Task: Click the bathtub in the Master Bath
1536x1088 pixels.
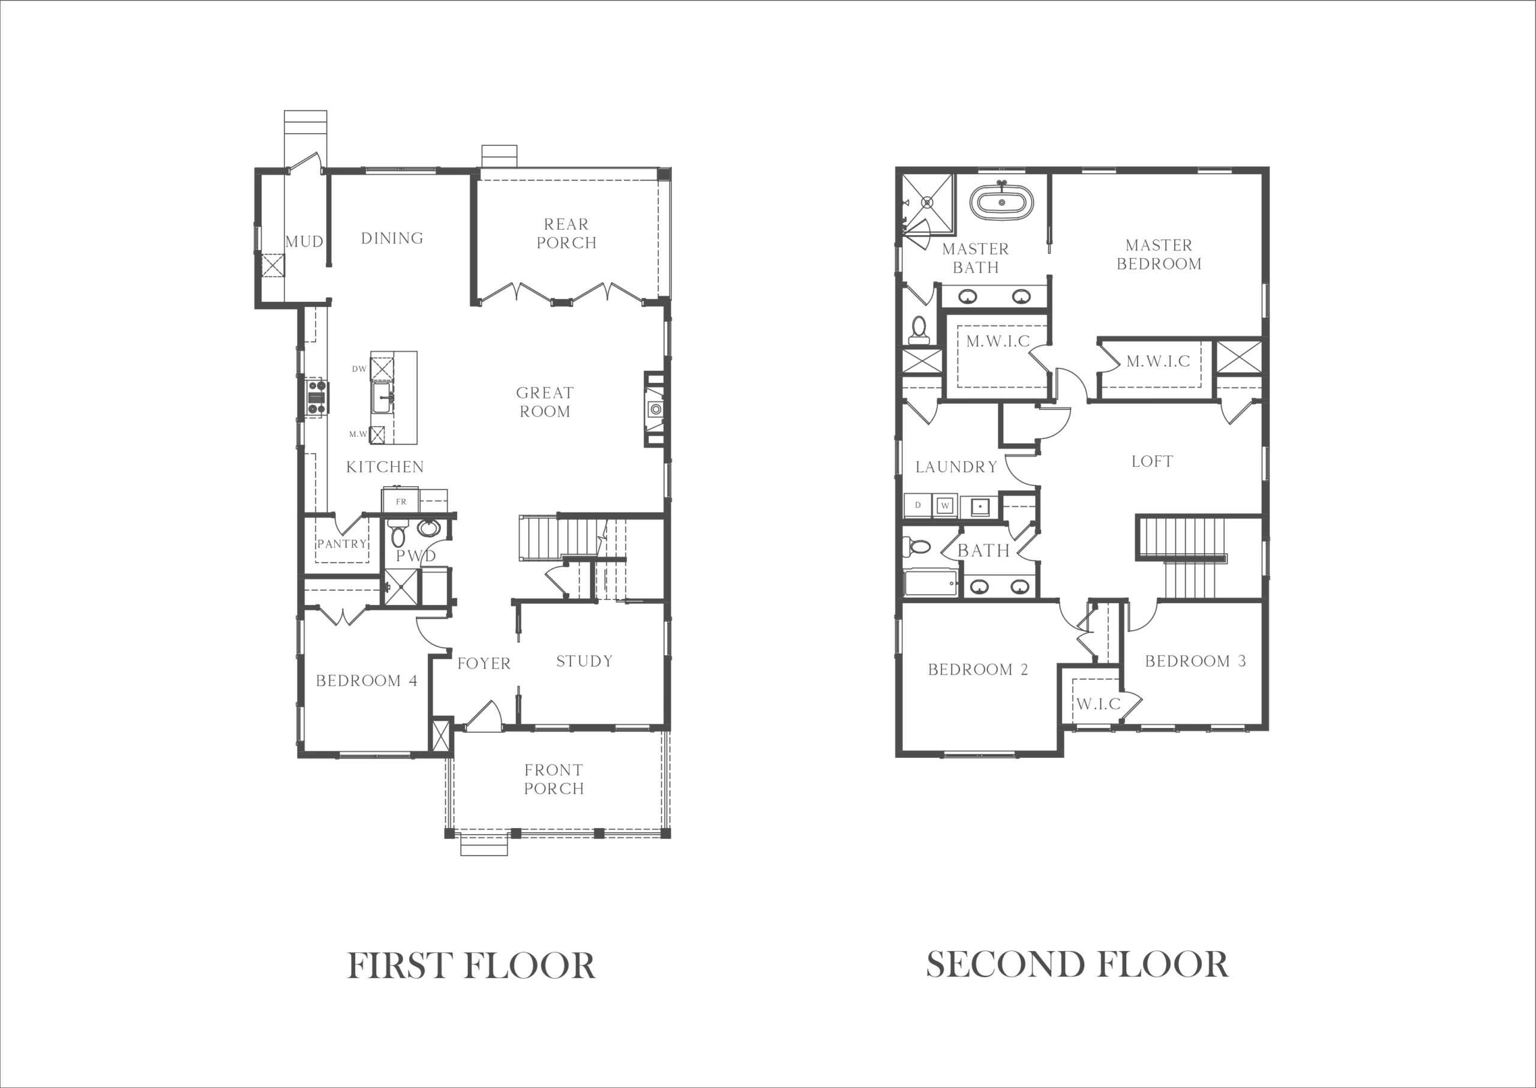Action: coord(1001,202)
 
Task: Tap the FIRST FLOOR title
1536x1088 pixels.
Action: coord(472,966)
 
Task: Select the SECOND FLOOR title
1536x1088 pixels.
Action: coord(1077,965)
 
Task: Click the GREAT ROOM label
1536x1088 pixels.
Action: coord(545,402)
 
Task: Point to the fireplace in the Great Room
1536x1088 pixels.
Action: coord(655,409)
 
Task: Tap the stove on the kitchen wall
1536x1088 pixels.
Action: coord(316,397)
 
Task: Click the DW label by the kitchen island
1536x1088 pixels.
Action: coord(359,369)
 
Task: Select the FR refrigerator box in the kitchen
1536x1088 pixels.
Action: coord(401,501)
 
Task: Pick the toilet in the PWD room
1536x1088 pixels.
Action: coord(398,533)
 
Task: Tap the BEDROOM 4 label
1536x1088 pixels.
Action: coord(367,681)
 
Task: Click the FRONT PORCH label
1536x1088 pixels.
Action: coord(554,779)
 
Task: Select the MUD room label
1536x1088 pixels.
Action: coord(305,242)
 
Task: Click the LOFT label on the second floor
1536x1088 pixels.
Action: coord(1152,461)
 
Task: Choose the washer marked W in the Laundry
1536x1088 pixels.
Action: coord(945,505)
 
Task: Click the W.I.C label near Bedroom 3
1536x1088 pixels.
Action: coord(1099,704)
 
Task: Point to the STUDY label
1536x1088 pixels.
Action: coord(585,661)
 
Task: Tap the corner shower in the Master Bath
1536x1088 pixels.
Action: coord(927,203)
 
